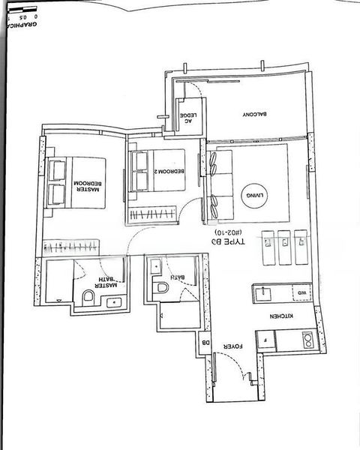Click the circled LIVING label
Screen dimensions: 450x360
253,196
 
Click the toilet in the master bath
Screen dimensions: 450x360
88,299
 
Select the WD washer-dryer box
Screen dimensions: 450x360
298,292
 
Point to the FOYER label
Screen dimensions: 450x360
235,348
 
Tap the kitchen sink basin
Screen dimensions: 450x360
262,291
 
